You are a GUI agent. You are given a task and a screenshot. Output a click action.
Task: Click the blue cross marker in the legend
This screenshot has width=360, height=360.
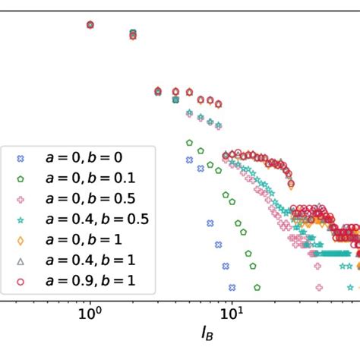point(21,159)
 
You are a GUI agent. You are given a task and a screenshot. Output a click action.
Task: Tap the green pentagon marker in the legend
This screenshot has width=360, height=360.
point(21,180)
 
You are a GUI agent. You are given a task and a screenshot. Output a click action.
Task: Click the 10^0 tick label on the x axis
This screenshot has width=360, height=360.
point(90,311)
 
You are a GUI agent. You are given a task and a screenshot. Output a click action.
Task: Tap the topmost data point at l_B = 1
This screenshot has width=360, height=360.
point(90,24)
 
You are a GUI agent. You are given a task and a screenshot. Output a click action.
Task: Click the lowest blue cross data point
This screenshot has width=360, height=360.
point(232,288)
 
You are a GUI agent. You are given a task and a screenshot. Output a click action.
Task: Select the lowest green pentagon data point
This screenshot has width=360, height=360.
point(256,288)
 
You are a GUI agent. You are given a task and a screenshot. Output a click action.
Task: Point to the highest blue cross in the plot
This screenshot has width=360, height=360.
point(90,25)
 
